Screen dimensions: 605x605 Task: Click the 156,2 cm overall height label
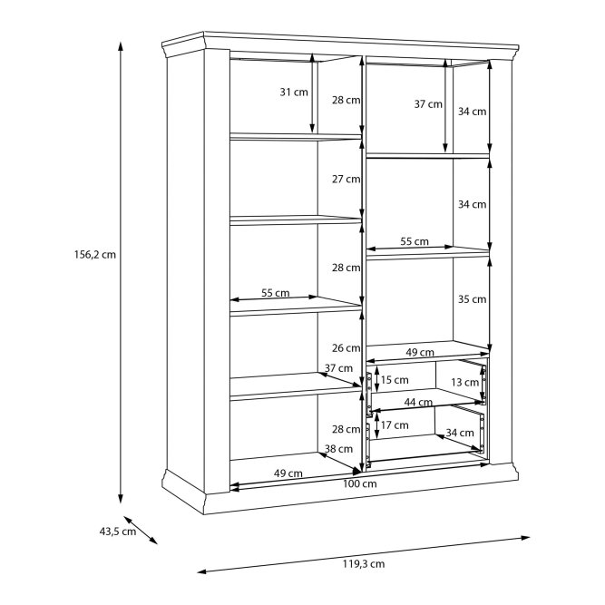pos(95,255)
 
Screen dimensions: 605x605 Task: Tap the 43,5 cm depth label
pos(118,532)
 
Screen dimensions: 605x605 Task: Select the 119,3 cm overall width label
pos(364,563)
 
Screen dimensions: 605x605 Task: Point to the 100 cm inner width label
pos(359,483)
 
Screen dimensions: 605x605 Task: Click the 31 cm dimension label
pos(294,93)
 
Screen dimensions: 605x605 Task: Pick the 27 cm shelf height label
pos(346,179)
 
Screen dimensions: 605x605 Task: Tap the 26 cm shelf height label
pos(346,348)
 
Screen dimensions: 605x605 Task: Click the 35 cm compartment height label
pos(473,299)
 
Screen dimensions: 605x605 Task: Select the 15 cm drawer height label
pos(395,380)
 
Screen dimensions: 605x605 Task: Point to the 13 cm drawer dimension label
pos(465,383)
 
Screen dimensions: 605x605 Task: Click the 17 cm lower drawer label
pos(395,425)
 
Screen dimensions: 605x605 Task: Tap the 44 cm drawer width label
pos(418,403)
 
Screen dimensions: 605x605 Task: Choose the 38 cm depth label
pos(338,449)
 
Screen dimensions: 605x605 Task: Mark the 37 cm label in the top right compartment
pos(428,103)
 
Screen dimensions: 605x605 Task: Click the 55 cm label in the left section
pos(276,293)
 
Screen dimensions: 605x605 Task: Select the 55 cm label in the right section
pos(415,241)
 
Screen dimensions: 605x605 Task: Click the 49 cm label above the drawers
pos(420,352)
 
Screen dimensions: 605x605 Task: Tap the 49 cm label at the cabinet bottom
pos(288,473)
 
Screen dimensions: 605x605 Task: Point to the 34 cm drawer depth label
pos(460,433)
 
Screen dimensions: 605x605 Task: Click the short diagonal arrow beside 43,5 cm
pos(141,530)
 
